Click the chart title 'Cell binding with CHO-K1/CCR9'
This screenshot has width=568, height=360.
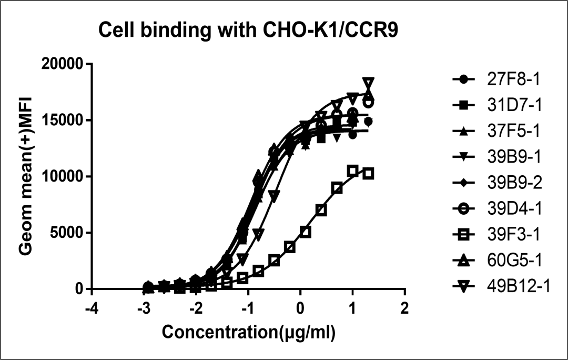249,32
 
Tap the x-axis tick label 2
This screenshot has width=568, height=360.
404,308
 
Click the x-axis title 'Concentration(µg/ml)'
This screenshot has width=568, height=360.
248,333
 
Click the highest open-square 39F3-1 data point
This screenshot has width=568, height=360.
353,170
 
